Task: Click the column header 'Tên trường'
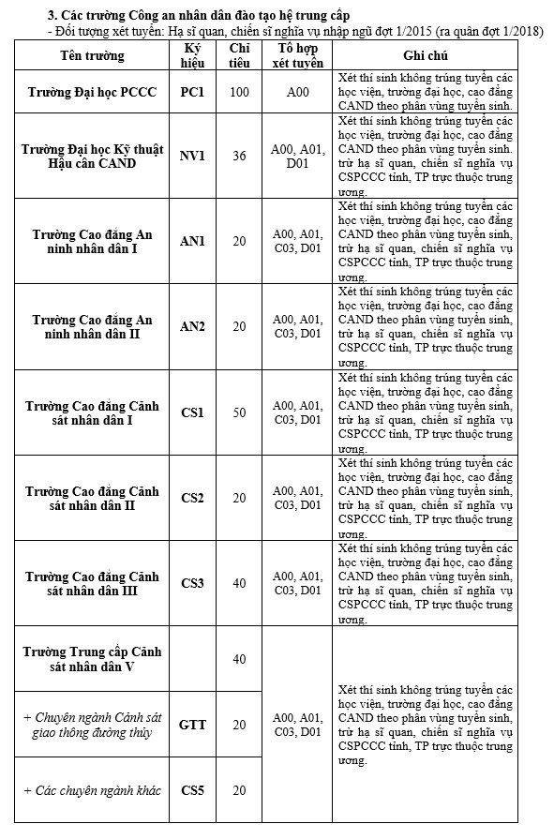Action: pyautogui.click(x=92, y=56)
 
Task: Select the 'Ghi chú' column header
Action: pyautogui.click(x=425, y=56)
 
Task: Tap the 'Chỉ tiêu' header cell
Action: pyautogui.click(x=239, y=56)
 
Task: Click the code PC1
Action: pyautogui.click(x=192, y=92)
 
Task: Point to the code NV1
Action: pyautogui.click(x=192, y=156)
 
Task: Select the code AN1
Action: pyautogui.click(x=192, y=241)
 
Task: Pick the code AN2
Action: pyautogui.click(x=192, y=326)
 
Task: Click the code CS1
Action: pyautogui.click(x=192, y=412)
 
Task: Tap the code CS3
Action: pyautogui.click(x=192, y=583)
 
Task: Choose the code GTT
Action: pyautogui.click(x=192, y=725)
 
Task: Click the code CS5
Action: pyautogui.click(x=192, y=790)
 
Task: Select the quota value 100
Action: pyautogui.click(x=239, y=92)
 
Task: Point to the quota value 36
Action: pyautogui.click(x=239, y=156)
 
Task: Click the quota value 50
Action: pyautogui.click(x=239, y=412)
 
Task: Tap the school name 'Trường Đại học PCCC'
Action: pyautogui.click(x=92, y=92)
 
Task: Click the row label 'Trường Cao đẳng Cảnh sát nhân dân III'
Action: pyautogui.click(x=92, y=583)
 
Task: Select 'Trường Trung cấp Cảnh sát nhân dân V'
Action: pyautogui.click(x=92, y=659)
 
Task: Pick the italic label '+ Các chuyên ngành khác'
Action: pyautogui.click(x=92, y=790)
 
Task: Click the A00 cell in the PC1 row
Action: pyautogui.click(x=297, y=92)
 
